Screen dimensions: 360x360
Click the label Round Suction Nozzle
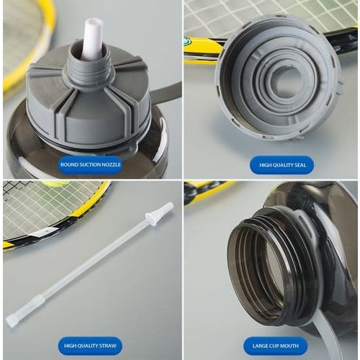(90, 165)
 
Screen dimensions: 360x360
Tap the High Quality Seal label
(282, 165)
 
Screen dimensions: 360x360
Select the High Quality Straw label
(90, 346)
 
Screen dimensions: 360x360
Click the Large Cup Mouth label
(275, 346)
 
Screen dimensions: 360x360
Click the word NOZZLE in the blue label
(111, 165)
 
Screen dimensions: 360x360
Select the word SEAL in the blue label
(300, 165)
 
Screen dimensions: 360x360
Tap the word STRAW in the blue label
(107, 346)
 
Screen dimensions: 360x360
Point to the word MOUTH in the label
(289, 346)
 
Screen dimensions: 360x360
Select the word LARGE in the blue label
(259, 346)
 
